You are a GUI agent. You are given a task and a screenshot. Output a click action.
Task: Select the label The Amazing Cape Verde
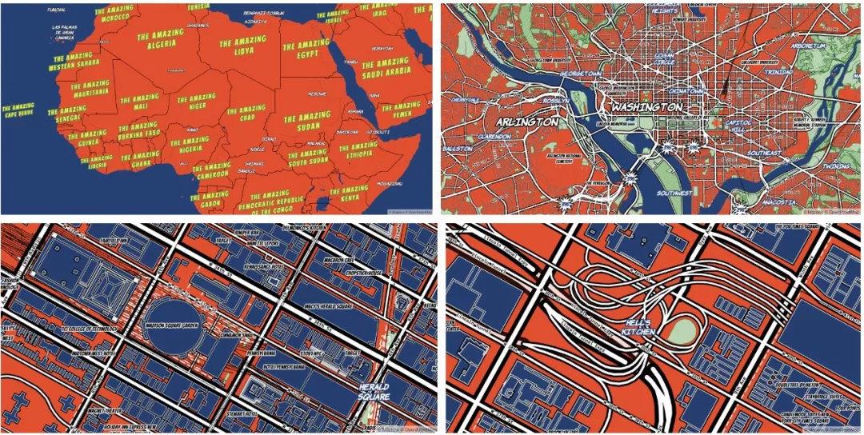[18, 111]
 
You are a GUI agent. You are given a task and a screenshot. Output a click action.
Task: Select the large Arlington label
[527, 122]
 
